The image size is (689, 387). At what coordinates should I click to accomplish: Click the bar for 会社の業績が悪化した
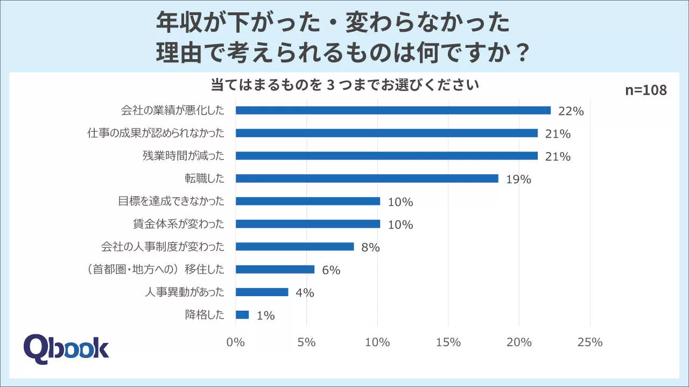tap(393, 110)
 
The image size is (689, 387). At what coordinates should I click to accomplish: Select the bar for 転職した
tap(367, 178)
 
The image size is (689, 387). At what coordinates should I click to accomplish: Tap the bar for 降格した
tap(242, 315)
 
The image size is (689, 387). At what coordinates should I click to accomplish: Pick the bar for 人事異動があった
tap(262, 292)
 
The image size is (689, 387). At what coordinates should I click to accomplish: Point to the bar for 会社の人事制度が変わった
tap(294, 247)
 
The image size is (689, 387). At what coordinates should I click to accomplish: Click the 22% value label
tap(571, 111)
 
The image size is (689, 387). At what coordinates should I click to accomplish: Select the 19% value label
tap(518, 180)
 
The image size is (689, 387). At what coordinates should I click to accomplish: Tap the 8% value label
tap(371, 248)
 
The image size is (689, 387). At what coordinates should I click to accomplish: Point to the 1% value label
tap(265, 316)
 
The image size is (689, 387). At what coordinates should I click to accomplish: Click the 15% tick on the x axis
tap(448, 342)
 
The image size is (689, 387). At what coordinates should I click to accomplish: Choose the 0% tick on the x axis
tap(236, 342)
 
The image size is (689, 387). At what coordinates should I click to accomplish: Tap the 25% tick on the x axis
tap(590, 342)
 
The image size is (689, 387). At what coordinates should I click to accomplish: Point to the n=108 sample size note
tap(645, 90)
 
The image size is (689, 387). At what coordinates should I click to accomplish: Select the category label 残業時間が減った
tap(182, 156)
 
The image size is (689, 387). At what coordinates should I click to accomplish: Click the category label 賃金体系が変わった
tap(178, 224)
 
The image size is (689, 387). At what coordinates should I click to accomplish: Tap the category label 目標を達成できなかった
tap(171, 202)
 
